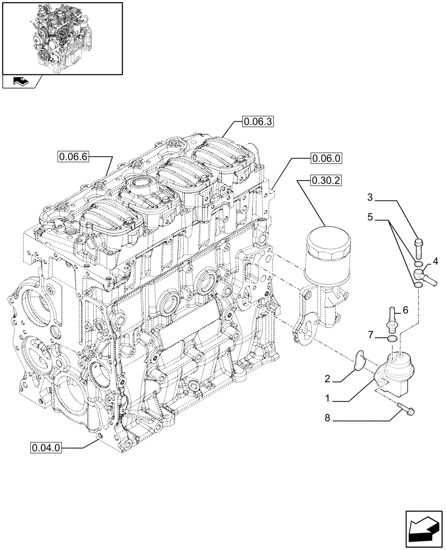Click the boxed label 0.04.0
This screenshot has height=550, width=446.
coord(47,448)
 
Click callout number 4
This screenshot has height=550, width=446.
coord(435,260)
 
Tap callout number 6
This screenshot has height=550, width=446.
coord(405,311)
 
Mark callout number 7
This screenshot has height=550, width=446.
coord(371,334)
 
